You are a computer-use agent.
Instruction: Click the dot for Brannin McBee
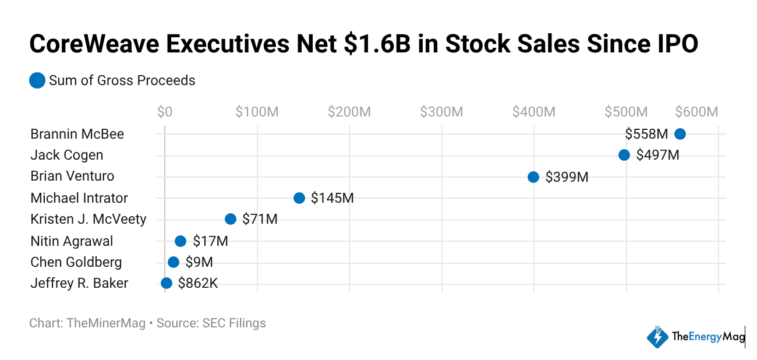pyautogui.click(x=680, y=134)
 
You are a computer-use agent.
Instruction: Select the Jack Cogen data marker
pyautogui.click(x=624, y=155)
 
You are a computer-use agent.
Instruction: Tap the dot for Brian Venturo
pyautogui.click(x=533, y=177)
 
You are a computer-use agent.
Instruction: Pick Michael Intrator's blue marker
pyautogui.click(x=299, y=198)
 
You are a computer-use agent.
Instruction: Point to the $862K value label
pyautogui.click(x=198, y=284)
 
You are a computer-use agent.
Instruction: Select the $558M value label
pyautogui.click(x=646, y=134)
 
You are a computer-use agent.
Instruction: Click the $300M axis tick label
pyautogui.click(x=441, y=112)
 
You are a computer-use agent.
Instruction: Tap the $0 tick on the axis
pyautogui.click(x=165, y=112)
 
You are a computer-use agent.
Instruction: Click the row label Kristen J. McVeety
pyautogui.click(x=89, y=220)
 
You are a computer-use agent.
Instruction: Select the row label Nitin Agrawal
pyautogui.click(x=72, y=241)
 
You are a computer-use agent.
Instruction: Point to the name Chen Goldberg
pyautogui.click(x=76, y=262)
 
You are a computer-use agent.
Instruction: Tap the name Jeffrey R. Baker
pyautogui.click(x=79, y=284)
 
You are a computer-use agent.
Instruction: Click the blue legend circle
pyautogui.click(x=37, y=80)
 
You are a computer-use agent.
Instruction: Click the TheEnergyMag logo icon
pyautogui.click(x=658, y=337)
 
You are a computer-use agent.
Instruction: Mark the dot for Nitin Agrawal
pyautogui.click(x=180, y=241)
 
